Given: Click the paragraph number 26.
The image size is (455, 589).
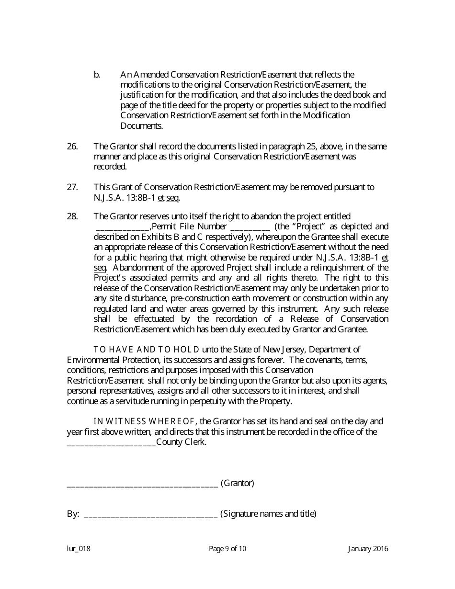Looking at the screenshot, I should click(72, 147).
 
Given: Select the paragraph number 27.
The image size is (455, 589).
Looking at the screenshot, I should click(72, 187).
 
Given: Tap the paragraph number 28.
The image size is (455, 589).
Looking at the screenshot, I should click(72, 216).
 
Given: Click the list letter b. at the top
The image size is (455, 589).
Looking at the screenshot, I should click(97, 75).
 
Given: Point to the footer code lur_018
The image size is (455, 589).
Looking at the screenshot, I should click(79, 549).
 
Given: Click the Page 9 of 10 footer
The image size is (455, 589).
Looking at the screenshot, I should click(227, 549).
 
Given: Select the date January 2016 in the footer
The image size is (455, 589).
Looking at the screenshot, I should click(368, 549).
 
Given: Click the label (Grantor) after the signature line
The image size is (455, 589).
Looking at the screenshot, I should click(237, 483).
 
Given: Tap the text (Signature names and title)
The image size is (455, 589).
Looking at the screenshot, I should click(268, 514).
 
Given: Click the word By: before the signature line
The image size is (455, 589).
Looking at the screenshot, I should click(73, 514).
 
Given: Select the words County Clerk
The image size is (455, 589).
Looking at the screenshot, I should click(182, 442).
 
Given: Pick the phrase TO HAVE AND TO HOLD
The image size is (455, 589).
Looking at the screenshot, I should click(147, 350).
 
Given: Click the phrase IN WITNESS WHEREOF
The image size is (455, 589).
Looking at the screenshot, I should click(144, 422).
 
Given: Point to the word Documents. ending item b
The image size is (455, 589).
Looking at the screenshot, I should click(142, 126).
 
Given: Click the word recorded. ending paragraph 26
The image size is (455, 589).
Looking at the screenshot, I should click(110, 167).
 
